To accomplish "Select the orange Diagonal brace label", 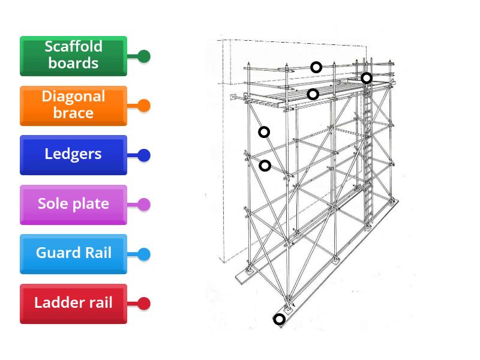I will [x=73, y=106].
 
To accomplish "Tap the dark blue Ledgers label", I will [x=73, y=155].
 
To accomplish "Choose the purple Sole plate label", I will [x=73, y=205].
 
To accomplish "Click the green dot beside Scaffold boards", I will [x=143, y=56].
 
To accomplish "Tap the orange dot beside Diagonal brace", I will [x=143, y=106].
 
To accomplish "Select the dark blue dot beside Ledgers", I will [x=143, y=155].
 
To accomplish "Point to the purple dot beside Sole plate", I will [x=143, y=205].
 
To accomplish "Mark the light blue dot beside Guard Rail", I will [x=143, y=254].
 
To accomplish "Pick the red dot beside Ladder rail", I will [x=143, y=304].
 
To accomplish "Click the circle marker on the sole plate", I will [x=279, y=319].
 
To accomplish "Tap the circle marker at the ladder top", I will [x=366, y=78].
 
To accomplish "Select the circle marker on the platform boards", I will [x=313, y=94].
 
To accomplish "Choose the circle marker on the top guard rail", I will [x=316, y=67].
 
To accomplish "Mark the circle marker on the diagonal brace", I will [x=264, y=132].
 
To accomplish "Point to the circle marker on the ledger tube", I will [x=265, y=166].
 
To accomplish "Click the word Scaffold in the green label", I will [x=73, y=47].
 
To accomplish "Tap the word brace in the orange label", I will [x=73, y=113].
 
